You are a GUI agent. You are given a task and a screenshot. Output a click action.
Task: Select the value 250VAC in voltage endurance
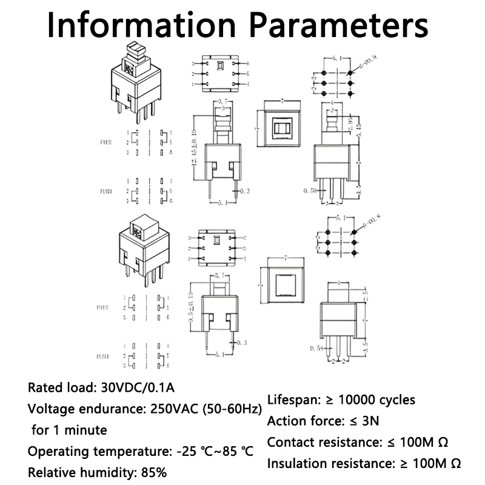pos(172,409)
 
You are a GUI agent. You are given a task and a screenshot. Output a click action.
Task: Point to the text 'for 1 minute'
pos(69,430)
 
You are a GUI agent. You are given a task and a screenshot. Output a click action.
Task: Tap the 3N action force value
pos(370,421)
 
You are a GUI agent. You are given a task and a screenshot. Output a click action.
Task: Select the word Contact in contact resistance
pos(289,443)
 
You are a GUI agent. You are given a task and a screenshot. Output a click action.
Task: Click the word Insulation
pos(296,464)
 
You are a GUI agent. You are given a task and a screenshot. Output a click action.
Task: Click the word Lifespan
pos(293,400)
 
